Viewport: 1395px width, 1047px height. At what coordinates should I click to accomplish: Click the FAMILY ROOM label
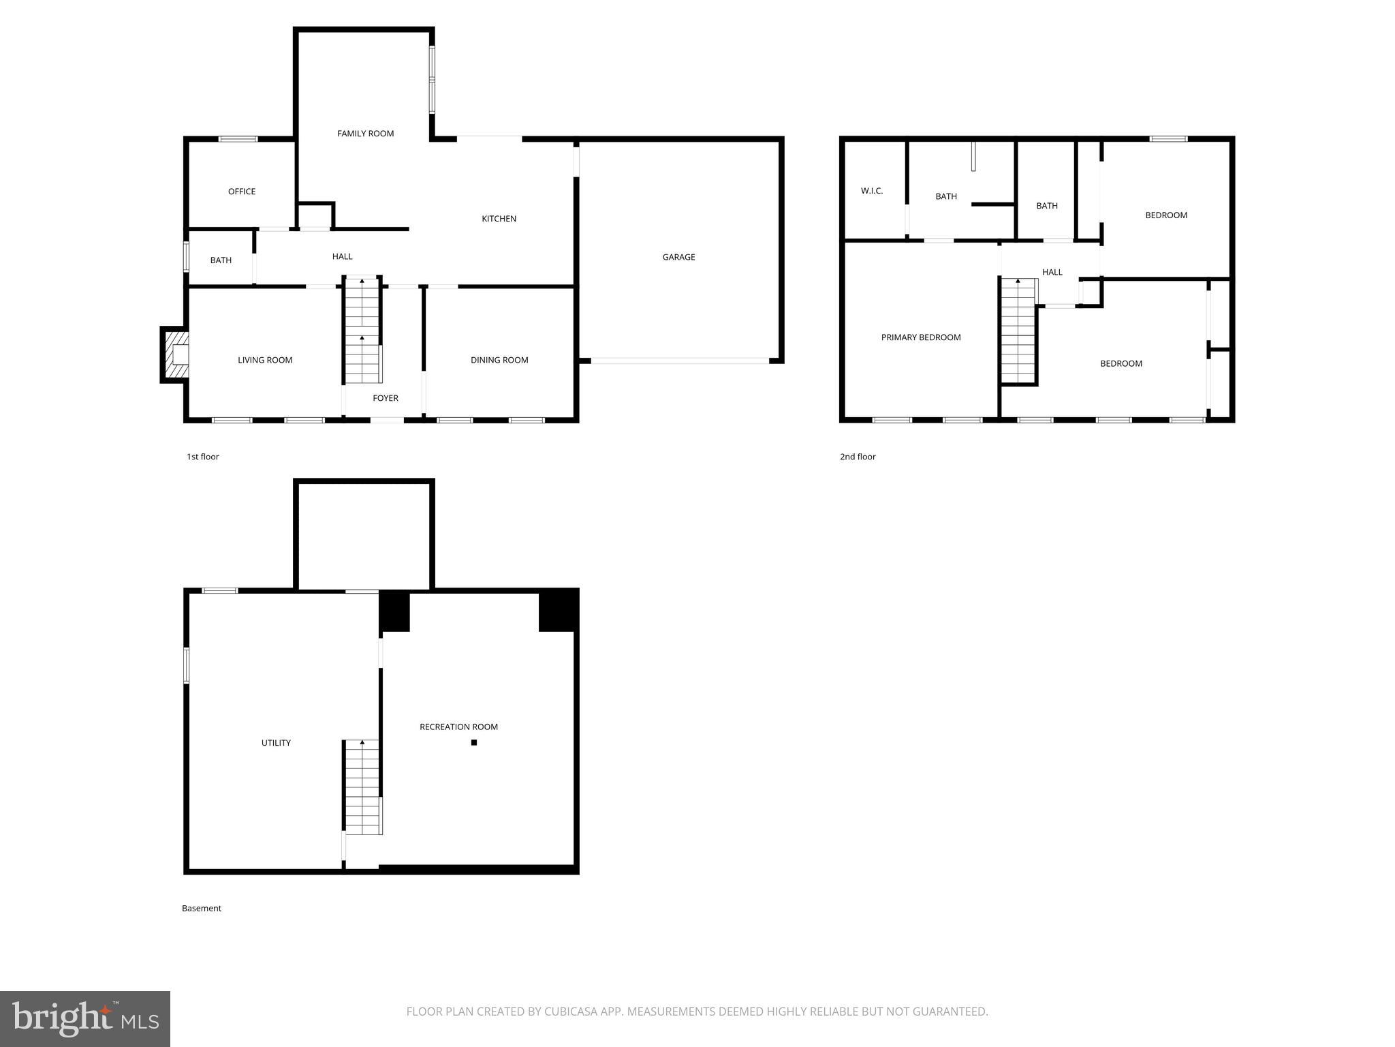coord(365,134)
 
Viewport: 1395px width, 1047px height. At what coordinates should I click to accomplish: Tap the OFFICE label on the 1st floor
coord(241,192)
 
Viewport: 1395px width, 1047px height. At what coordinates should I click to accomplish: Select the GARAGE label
coord(678,257)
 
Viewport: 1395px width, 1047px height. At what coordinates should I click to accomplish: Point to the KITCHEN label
coord(499,219)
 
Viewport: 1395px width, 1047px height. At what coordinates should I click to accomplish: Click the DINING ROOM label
coord(499,360)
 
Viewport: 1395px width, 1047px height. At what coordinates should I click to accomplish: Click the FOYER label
coord(385,398)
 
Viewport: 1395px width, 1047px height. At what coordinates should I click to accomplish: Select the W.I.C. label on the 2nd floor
coord(871,191)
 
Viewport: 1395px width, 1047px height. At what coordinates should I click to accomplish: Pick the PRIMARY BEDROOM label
coord(920,337)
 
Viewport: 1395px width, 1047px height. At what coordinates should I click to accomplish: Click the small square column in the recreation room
coord(474,742)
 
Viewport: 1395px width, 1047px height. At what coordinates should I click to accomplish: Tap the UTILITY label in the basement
coord(276,743)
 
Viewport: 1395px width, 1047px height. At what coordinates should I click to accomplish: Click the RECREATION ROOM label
coord(458,727)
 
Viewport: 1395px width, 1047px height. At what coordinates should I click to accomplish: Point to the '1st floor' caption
coord(202,457)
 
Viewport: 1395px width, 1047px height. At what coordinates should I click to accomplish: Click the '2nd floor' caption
coord(857,457)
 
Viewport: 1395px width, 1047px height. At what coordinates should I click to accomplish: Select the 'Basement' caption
coord(201,908)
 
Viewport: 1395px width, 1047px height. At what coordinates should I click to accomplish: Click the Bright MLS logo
coord(84,1018)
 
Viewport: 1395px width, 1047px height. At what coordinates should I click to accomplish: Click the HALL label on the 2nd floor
coord(1052,272)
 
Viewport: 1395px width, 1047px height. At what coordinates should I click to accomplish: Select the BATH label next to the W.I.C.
coord(945,196)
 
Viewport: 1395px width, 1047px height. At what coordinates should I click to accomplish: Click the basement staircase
coord(362,787)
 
